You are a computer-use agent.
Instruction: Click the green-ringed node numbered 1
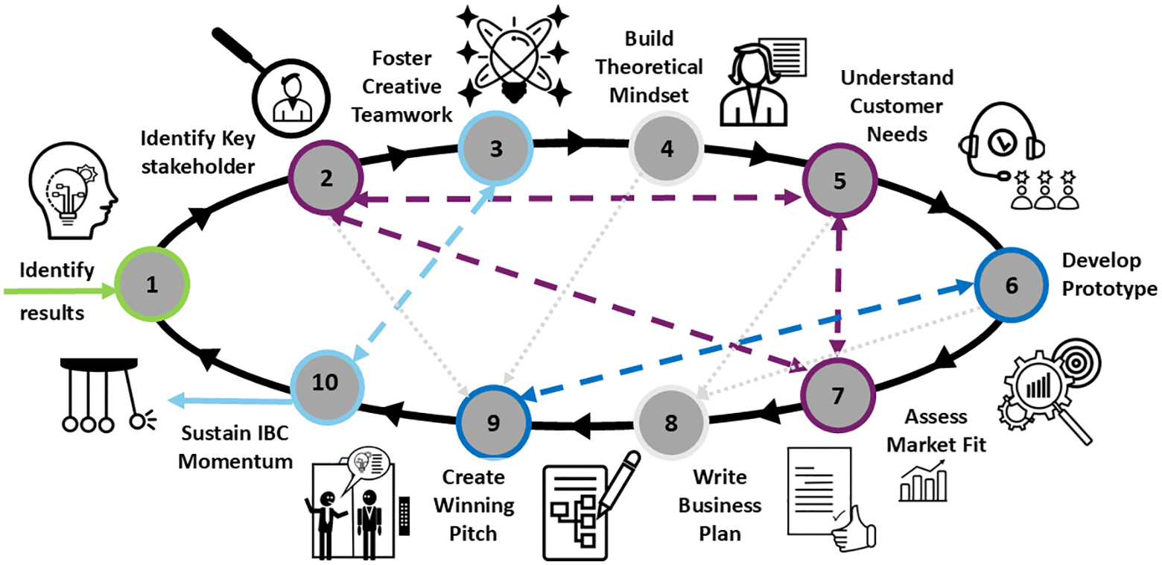153,285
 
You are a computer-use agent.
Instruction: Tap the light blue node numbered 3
495,148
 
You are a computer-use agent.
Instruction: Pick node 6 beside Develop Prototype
1011,285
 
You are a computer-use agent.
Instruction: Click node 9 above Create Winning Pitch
492,423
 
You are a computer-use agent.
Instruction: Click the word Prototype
1110,289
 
